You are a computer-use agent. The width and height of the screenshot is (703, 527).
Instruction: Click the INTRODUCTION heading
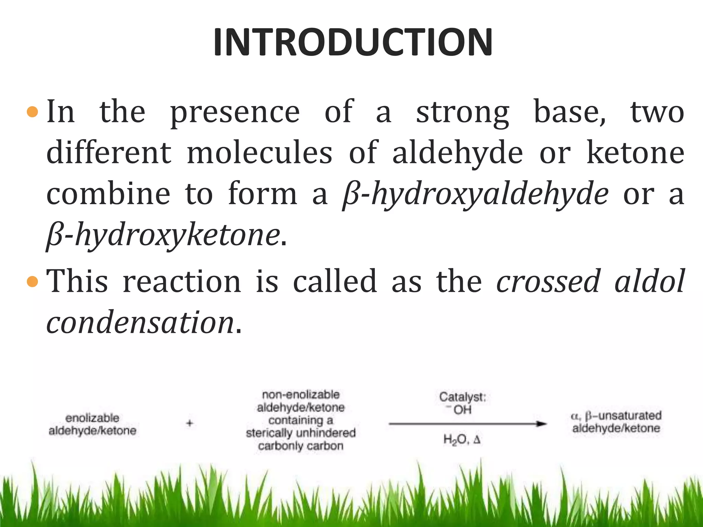point(353,42)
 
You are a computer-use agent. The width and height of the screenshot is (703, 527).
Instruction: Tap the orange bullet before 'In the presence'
point(32,112)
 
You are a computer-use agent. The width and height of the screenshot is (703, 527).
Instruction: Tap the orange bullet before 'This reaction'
point(32,282)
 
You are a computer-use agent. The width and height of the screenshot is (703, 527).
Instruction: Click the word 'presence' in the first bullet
point(235,113)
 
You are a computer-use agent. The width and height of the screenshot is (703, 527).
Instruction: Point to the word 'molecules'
point(260,153)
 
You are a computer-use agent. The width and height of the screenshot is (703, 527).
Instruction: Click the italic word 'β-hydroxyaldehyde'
point(476,195)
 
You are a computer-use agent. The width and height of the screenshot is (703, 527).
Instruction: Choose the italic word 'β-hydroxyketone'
point(163,236)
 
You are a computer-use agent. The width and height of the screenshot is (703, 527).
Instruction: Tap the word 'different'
point(109,153)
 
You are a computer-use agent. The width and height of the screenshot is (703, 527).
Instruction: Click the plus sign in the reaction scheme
point(189,423)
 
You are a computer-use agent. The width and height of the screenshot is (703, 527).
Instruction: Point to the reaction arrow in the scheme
point(467,424)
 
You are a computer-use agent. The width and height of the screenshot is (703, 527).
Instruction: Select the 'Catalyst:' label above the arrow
point(462,397)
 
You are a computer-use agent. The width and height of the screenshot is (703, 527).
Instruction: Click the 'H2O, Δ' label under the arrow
point(462,440)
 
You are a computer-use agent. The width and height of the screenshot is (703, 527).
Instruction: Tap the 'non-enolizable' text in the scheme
point(301,395)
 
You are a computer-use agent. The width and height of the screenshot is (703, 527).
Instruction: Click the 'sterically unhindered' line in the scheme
point(301,433)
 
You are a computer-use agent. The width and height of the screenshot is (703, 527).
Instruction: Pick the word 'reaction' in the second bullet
point(182,282)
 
